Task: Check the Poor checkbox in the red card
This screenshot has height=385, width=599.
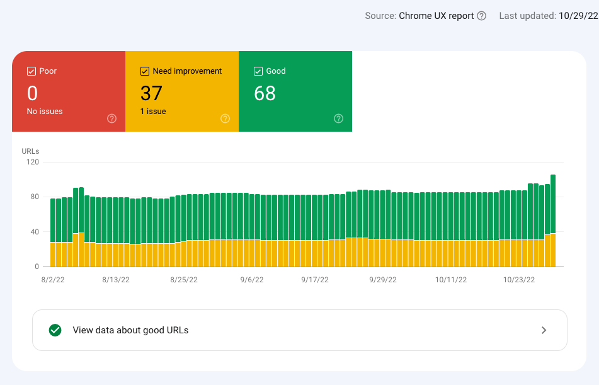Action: pyautogui.click(x=31, y=71)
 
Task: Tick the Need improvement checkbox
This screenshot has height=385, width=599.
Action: pyautogui.click(x=145, y=71)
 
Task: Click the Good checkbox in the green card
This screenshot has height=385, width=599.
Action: pyautogui.click(x=258, y=71)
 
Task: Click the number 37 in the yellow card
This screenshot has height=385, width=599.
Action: pyautogui.click(x=151, y=93)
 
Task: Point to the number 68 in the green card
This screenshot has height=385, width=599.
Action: pyautogui.click(x=265, y=93)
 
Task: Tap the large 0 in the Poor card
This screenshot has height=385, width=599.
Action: pyautogui.click(x=32, y=93)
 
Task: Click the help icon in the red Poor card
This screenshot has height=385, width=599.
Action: pyautogui.click(x=111, y=118)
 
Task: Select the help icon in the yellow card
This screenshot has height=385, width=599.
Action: pyautogui.click(x=225, y=118)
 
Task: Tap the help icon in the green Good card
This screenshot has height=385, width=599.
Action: pyautogui.click(x=338, y=118)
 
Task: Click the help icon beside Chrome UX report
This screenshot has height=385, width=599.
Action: pyautogui.click(x=482, y=16)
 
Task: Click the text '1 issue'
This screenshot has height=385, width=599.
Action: pyautogui.click(x=153, y=112)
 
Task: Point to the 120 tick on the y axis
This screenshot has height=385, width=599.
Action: pyautogui.click(x=32, y=162)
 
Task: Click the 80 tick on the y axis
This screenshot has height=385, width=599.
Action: pyautogui.click(x=34, y=197)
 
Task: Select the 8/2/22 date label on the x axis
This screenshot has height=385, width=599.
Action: pyautogui.click(x=52, y=280)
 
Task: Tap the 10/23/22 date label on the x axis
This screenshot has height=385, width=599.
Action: pyautogui.click(x=519, y=280)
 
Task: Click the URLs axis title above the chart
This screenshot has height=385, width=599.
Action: pyautogui.click(x=30, y=151)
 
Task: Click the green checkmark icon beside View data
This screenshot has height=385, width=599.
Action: pyautogui.click(x=55, y=330)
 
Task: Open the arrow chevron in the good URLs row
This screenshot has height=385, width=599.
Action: pyautogui.click(x=544, y=330)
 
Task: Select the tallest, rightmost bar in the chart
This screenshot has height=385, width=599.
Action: pyautogui.click(x=553, y=208)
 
